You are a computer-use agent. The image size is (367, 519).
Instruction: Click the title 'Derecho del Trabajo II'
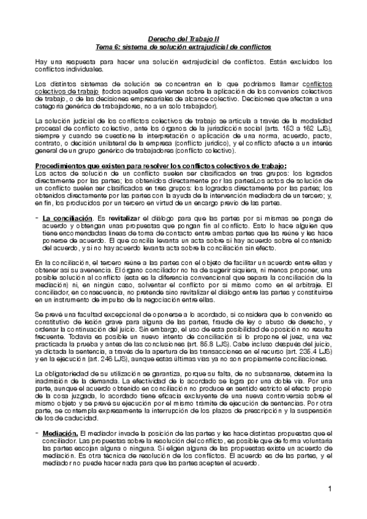pos(183,38)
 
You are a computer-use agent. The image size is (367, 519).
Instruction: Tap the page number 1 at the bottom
pos(329,488)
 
